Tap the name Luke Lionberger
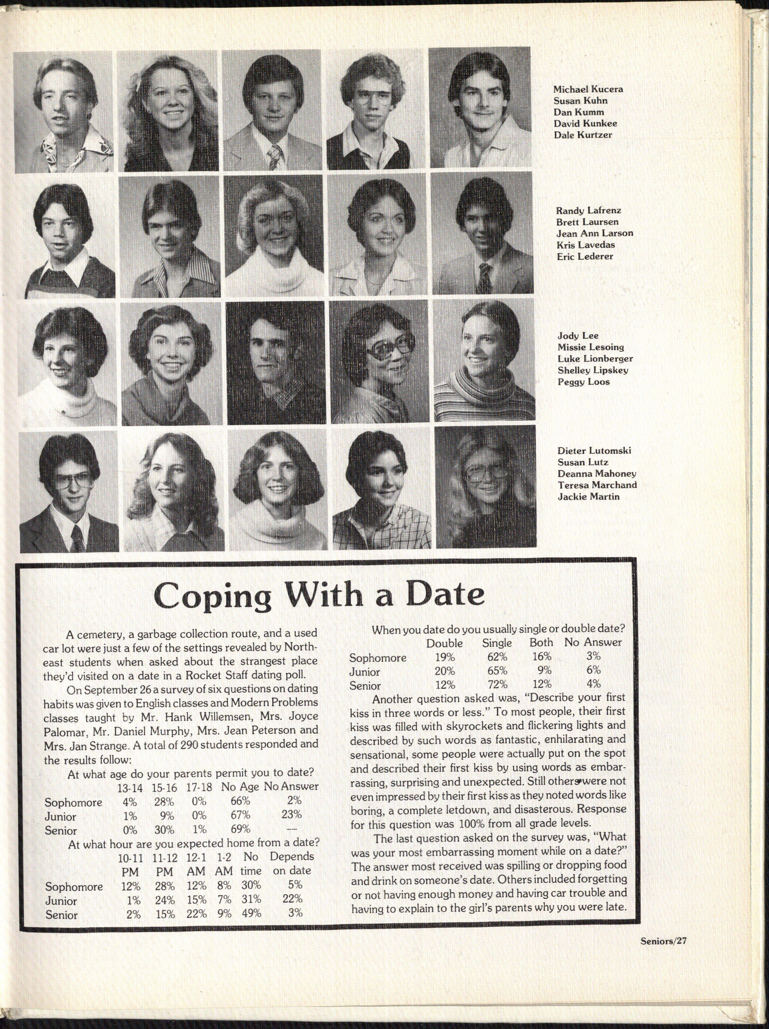pyautogui.click(x=595, y=359)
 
